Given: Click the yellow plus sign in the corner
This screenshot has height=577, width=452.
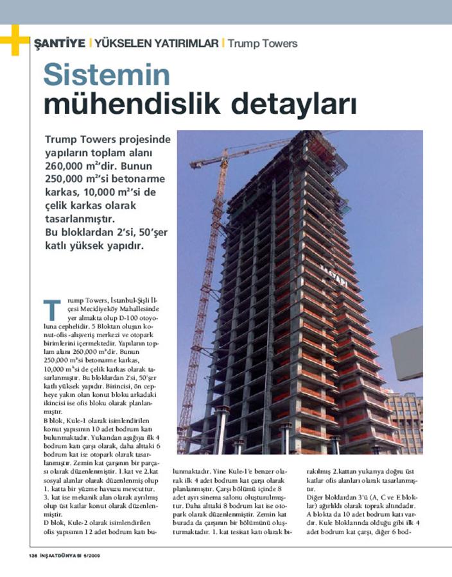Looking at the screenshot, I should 14,40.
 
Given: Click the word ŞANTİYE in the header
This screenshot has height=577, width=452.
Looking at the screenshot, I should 60,44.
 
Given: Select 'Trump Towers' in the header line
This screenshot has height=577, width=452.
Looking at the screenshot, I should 263,44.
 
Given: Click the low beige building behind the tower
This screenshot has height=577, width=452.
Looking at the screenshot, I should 405,417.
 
